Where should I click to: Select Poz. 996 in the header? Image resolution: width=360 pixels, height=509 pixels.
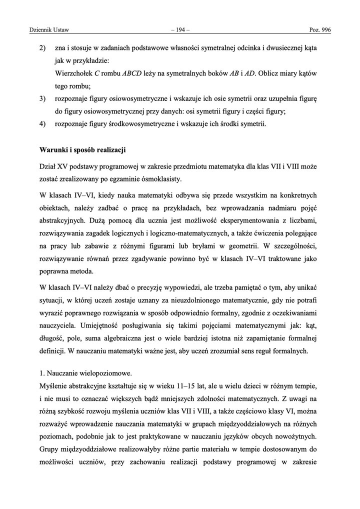319,30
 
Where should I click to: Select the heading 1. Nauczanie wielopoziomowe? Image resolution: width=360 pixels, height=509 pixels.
79,373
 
